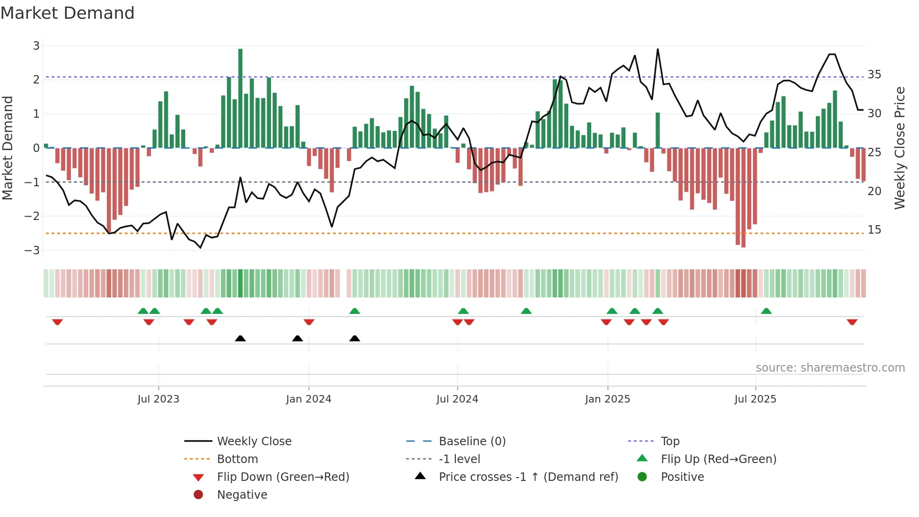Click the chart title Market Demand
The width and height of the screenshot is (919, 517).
[x=68, y=13]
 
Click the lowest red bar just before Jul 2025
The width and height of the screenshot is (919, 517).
[x=744, y=197]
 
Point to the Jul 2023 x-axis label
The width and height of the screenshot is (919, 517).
[x=158, y=399]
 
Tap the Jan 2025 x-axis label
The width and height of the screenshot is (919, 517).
[x=608, y=399]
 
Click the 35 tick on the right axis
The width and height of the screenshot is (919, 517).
[x=874, y=75]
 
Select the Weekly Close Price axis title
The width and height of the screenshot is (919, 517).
[x=899, y=148]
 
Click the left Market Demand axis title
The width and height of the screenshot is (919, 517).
[x=8, y=148]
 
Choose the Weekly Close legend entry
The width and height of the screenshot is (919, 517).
[x=254, y=441]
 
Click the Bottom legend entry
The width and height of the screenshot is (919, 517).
[x=237, y=459]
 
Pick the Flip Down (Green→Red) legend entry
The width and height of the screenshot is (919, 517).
[x=283, y=477]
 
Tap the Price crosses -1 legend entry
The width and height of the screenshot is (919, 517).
[x=528, y=477]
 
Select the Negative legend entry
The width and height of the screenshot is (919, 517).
[x=242, y=494]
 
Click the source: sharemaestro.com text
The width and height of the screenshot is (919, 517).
[x=830, y=367]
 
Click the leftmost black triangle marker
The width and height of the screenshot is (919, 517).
[x=240, y=338]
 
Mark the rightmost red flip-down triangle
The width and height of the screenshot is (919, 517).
[x=852, y=322]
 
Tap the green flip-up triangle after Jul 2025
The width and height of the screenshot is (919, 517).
[x=766, y=311]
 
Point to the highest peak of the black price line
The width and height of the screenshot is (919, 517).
[x=657, y=49]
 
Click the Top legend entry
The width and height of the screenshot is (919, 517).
[x=670, y=441]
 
